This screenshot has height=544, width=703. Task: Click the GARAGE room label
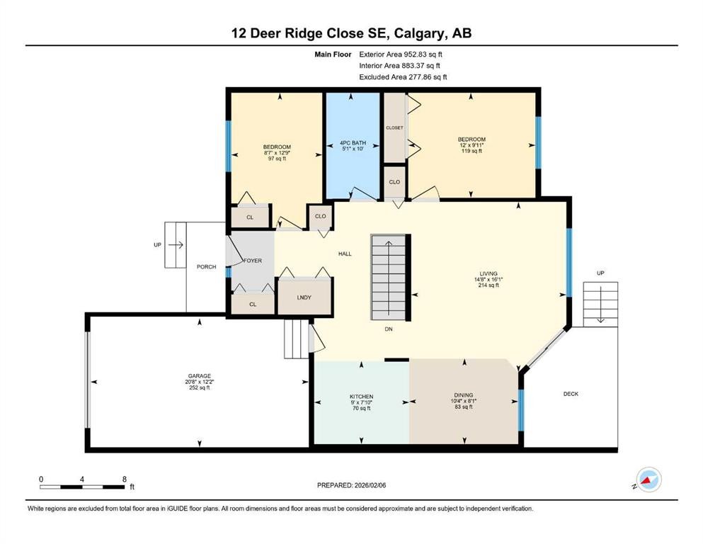[x=199, y=376]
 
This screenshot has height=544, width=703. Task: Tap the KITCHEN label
[x=361, y=397]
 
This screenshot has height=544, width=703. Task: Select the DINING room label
[x=464, y=395]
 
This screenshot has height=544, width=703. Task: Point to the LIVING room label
[x=488, y=273]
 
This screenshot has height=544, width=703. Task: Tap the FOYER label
[x=253, y=261]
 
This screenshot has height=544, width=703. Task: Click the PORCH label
[x=206, y=267]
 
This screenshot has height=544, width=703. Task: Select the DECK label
[x=571, y=394]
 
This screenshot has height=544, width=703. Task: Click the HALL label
[x=344, y=254]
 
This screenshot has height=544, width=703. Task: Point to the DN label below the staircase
[x=389, y=329]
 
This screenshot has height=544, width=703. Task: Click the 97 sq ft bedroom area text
[x=275, y=159]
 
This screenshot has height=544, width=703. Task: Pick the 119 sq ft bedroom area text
[x=471, y=151]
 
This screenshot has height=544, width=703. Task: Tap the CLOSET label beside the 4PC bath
[x=394, y=128]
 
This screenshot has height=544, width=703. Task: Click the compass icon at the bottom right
[x=648, y=480]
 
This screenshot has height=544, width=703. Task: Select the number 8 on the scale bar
[x=124, y=479]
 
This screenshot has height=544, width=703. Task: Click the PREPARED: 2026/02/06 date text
[x=351, y=485]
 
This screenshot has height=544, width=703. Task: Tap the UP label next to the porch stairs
[x=156, y=245]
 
